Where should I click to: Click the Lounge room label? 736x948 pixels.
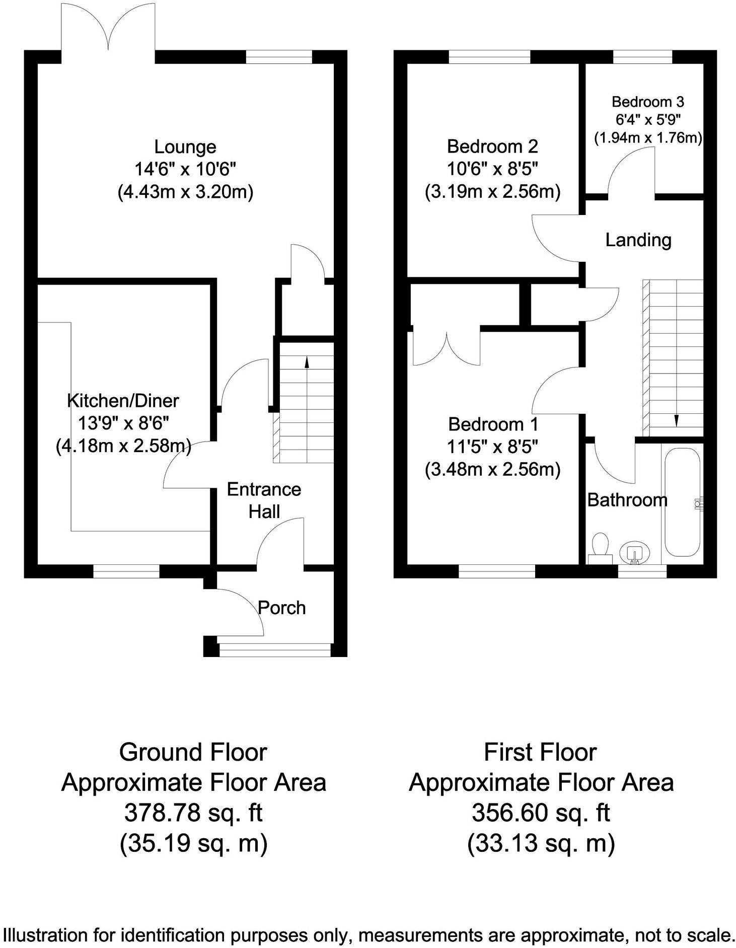coord(185,147)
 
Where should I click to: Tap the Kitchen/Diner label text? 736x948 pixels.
coord(123,401)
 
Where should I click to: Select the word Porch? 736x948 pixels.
coord(281,608)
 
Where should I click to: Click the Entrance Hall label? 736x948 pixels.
coord(264,500)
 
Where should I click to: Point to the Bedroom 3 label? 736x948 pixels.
coord(647,102)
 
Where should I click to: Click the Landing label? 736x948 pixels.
coord(638,240)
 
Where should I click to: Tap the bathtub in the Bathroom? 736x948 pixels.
coord(682,502)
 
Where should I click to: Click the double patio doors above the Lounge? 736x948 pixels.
coord(108,30)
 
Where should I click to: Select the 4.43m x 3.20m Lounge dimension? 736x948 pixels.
coord(185,192)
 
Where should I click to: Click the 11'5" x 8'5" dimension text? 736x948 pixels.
coord(493,447)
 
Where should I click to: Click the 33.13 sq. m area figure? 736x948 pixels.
coord(541,843)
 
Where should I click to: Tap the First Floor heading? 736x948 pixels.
coord(540,753)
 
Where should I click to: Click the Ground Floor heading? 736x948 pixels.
coord(193,753)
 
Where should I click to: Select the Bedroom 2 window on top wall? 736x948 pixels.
coord(489,57)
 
